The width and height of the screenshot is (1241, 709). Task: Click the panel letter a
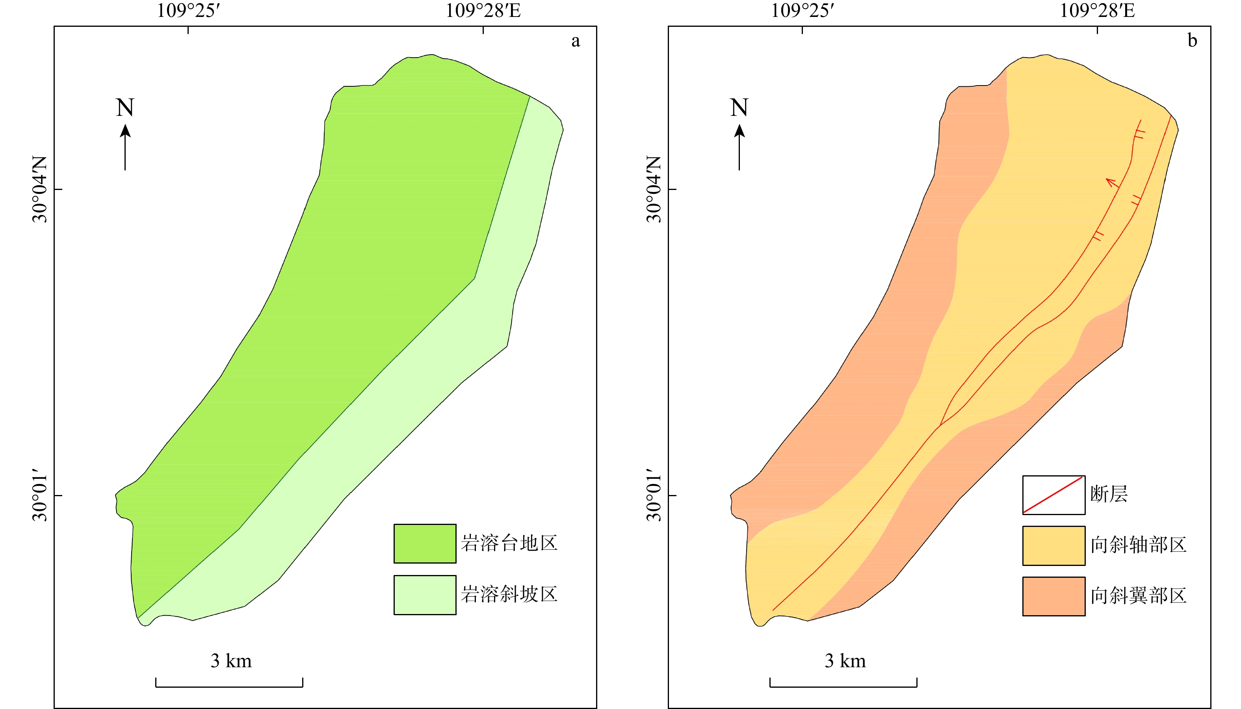(575, 41)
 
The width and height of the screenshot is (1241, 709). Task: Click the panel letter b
(1192, 41)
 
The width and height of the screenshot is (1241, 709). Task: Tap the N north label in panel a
(124, 108)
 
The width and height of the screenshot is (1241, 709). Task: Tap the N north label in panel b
(739, 108)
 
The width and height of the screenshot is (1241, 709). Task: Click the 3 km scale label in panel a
(231, 661)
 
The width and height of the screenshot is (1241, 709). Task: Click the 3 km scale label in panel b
(845, 661)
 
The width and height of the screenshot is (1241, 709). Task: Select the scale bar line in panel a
(229, 686)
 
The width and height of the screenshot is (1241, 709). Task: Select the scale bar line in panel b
(843, 686)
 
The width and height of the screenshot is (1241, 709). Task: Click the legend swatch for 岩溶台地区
(425, 543)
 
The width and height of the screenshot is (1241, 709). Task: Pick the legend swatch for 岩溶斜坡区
(425, 595)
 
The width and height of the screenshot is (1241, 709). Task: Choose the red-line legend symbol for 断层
(1053, 495)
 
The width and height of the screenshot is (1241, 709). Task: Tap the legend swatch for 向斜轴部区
(1053, 545)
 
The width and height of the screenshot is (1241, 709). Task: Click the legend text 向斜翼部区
(1138, 595)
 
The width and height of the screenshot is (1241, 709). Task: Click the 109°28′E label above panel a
(483, 11)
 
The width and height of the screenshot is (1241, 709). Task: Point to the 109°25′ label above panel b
(802, 11)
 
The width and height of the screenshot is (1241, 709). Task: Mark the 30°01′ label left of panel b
(654, 495)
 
